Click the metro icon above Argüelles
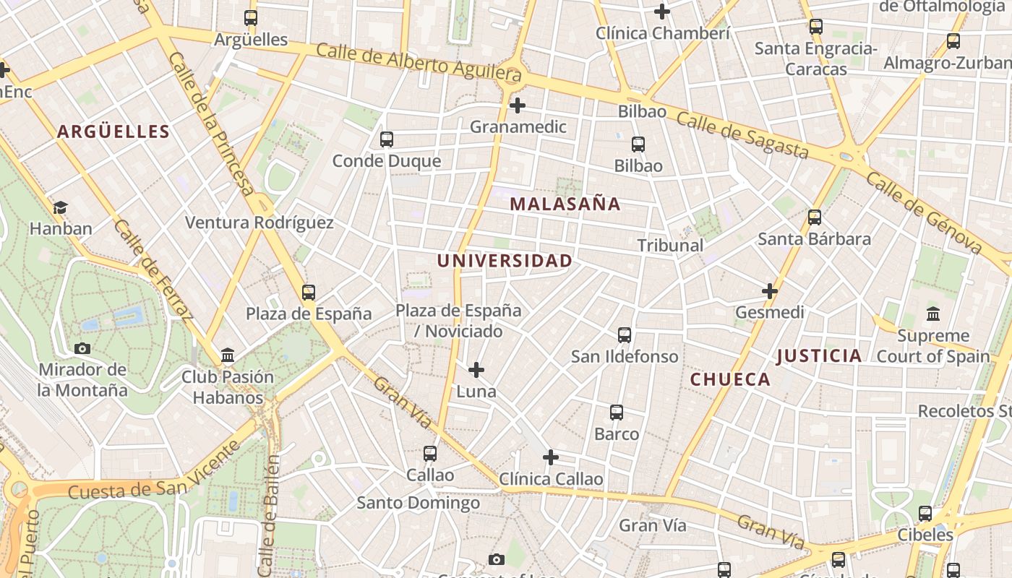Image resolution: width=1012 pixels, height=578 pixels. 251,18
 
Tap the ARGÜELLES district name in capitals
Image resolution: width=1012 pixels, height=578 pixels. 113,131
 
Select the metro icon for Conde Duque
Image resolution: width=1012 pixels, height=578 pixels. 387,139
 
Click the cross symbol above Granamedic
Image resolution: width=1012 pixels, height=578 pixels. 517,105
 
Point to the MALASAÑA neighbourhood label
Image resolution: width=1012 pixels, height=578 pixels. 565,204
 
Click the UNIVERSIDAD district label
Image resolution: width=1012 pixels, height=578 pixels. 505,261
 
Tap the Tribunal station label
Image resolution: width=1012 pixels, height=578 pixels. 670,246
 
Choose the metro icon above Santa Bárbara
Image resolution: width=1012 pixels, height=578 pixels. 815,217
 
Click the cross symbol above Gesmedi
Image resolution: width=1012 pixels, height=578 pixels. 770,291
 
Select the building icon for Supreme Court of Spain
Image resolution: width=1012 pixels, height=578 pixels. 933,314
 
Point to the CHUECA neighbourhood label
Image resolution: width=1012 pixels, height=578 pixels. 730,379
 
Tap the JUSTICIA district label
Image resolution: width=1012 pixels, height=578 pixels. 819,355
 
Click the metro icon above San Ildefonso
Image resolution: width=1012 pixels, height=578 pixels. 625,335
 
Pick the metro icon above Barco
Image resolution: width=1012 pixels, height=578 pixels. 617,413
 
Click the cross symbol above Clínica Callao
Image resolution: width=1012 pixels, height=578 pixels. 551,457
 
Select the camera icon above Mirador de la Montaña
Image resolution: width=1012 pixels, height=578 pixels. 82,348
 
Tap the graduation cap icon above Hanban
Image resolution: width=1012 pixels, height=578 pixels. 60,208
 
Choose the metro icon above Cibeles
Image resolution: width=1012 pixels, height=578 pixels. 925,514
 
